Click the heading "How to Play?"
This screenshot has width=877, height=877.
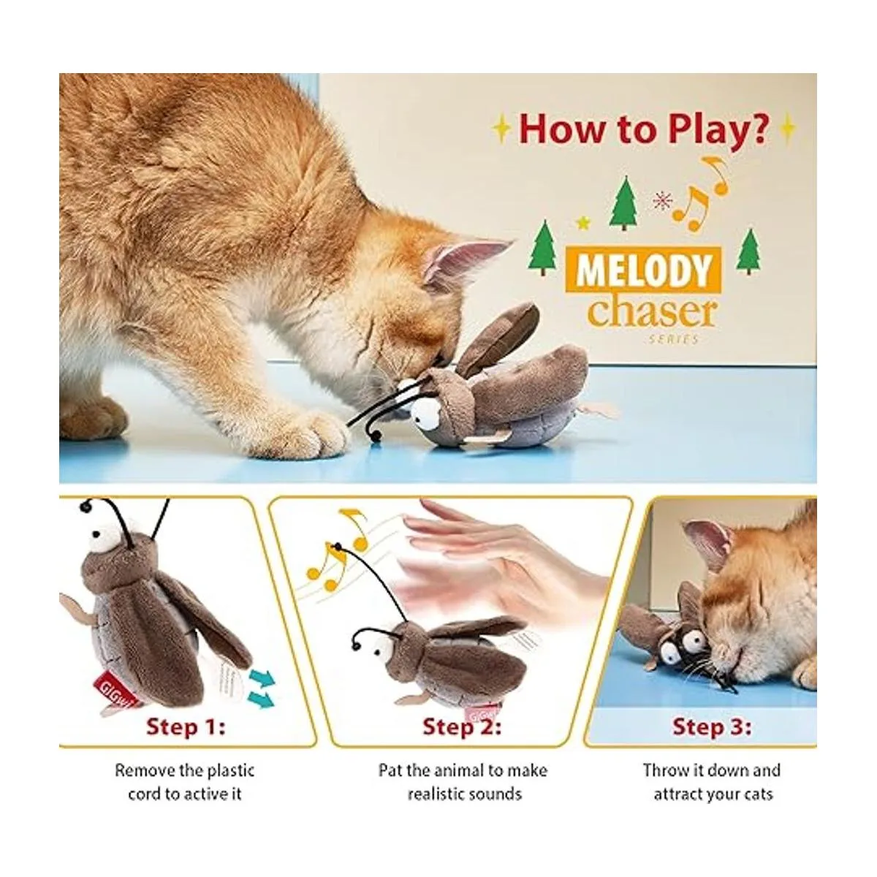[643, 128]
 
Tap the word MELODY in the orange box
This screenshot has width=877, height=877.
[642, 270]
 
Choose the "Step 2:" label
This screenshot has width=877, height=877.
[462, 727]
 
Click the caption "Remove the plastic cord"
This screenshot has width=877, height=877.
[184, 781]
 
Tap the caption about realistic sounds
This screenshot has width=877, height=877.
[463, 781]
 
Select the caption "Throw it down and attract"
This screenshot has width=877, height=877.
[712, 781]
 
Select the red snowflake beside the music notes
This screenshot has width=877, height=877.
[661, 200]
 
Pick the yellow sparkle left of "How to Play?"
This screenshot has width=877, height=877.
[501, 129]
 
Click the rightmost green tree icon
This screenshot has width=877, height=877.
[747, 251]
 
